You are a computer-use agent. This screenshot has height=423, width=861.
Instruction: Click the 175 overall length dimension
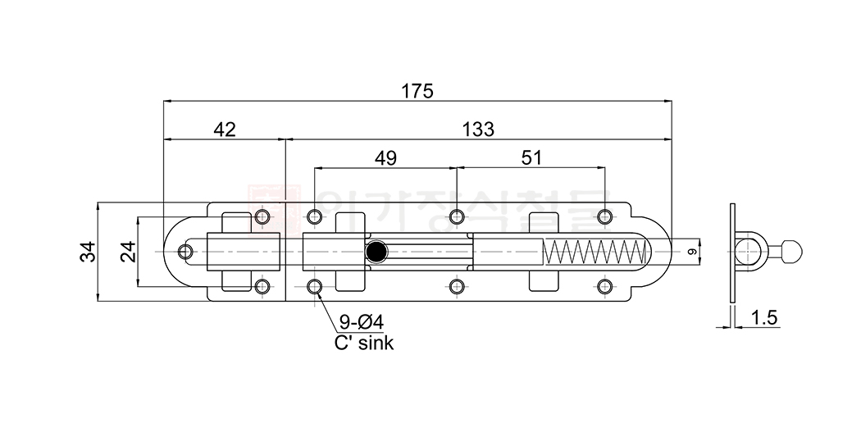coord(417,91)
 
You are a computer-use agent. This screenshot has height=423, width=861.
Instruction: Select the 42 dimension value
coord(224,130)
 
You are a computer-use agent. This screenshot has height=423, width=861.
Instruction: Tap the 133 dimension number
coord(477,130)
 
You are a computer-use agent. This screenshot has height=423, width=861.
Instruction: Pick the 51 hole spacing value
coord(531,158)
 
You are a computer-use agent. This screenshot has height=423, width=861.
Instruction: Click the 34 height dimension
coord(88,251)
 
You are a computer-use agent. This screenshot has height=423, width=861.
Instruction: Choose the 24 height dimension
coord(128,251)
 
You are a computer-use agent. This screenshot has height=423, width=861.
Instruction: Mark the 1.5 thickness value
coord(763,318)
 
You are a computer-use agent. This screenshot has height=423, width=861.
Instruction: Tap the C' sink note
coord(363,343)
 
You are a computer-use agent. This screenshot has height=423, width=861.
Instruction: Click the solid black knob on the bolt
coord(376,252)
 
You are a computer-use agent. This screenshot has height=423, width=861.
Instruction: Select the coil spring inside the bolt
coord(592,252)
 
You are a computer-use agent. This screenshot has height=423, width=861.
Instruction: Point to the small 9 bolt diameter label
coord(691,252)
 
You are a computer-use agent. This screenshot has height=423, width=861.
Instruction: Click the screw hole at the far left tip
coord(186,252)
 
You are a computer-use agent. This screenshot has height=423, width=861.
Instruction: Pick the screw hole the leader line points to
coord(315,286)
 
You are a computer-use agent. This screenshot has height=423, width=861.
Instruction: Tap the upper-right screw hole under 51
coord(604,216)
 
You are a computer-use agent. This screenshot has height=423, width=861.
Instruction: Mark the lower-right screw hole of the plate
coord(604,286)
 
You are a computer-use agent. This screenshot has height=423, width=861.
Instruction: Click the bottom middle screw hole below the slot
coord(457,286)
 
